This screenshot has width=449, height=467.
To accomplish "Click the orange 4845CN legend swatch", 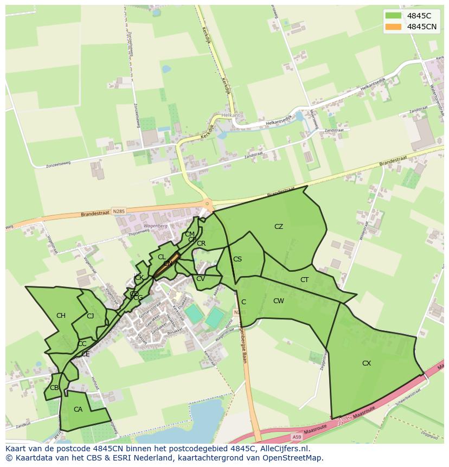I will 394,27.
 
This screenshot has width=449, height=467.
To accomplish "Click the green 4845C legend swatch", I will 394,16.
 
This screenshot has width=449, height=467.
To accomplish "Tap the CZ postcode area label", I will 279,227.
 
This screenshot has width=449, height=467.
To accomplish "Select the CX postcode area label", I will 367,363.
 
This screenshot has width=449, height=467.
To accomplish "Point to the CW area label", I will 279,301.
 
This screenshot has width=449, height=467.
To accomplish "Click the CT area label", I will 304,280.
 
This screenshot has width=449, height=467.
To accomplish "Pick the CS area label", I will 238,259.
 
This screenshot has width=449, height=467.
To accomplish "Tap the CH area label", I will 61,316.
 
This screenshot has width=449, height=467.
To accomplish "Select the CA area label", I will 78,410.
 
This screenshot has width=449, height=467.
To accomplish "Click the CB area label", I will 54,388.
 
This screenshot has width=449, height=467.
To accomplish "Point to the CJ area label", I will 91,316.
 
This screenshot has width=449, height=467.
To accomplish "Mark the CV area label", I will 201,279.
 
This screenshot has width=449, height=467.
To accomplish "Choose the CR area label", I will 201,244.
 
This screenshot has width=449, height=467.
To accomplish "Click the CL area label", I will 162,257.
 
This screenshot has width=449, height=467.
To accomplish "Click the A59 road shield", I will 296,437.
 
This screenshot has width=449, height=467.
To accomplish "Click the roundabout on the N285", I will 207,204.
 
